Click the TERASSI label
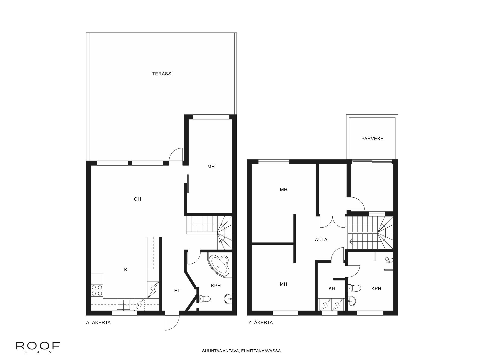tap(162, 74)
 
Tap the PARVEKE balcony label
tap(372, 139)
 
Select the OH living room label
tap(137, 199)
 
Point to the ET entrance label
tap(177, 291)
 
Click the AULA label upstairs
tap(321, 240)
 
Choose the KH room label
tap(332, 289)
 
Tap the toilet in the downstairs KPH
tap(205, 299)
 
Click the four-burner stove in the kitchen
tap(97, 290)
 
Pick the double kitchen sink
tap(124, 304)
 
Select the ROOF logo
tap(38, 346)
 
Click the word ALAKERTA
tap(98, 322)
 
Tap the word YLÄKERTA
tap(260, 322)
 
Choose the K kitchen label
tap(126, 270)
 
